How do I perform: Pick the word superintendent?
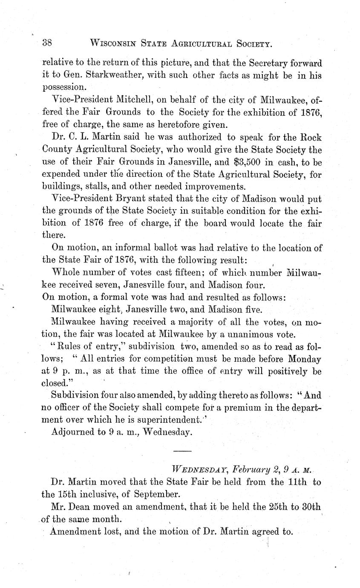171,420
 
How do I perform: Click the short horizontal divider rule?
183,450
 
